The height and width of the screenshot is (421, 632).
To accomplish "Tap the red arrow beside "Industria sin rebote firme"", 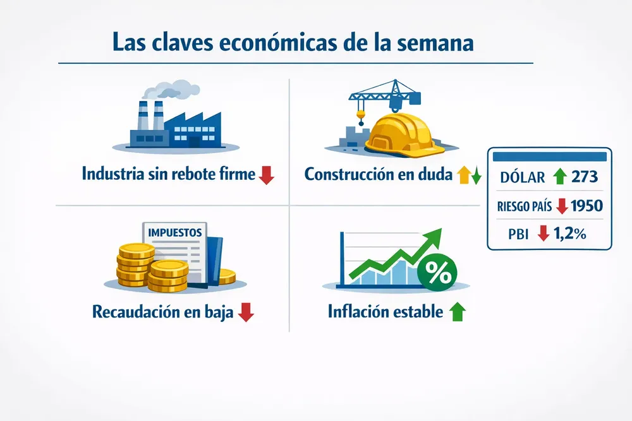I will (x=267, y=174).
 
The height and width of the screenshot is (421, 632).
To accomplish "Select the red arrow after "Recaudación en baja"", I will (x=246, y=312).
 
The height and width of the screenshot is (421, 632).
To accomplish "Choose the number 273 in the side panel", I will (x=584, y=177).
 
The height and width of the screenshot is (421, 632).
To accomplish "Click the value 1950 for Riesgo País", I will (x=586, y=206).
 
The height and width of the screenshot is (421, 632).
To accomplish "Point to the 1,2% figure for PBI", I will (x=570, y=234).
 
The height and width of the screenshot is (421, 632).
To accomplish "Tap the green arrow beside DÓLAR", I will (x=559, y=177).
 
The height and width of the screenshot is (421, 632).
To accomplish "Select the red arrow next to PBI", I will (x=542, y=234).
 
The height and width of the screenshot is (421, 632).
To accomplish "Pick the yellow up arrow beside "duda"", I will (x=464, y=175).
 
